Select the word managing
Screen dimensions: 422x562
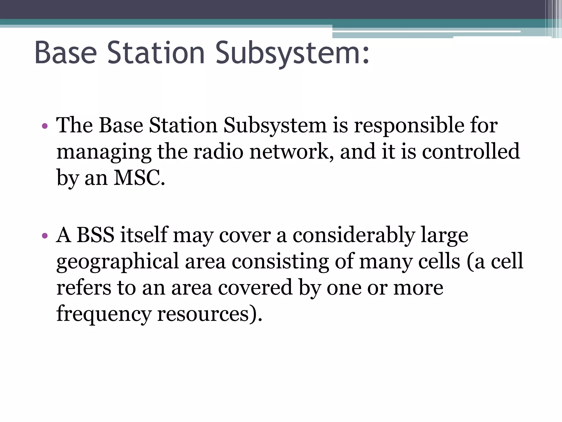click(x=104, y=152)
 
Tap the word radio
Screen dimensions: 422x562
click(x=218, y=152)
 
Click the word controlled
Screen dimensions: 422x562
click(x=471, y=152)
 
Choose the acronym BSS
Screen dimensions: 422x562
click(x=95, y=235)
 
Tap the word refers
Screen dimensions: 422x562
click(x=84, y=288)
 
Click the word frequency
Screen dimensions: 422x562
click(x=104, y=314)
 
